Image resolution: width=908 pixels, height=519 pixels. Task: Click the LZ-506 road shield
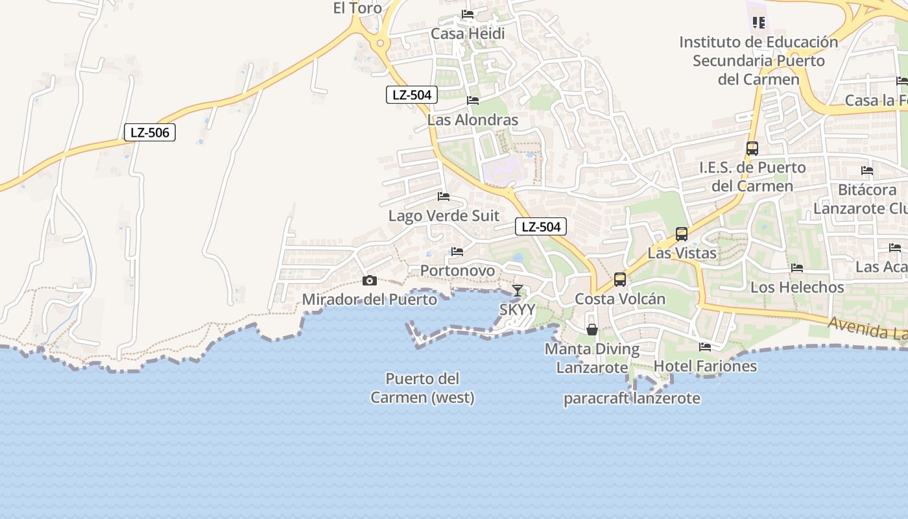[x=150, y=132]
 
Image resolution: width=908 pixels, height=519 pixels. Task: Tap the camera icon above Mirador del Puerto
[x=369, y=280]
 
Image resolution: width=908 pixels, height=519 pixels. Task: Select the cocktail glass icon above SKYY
[x=517, y=290]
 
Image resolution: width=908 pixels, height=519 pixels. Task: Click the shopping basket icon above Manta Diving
[x=592, y=330]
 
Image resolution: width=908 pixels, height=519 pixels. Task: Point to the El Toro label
[x=357, y=8]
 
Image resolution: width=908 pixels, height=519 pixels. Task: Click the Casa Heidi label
[x=468, y=33]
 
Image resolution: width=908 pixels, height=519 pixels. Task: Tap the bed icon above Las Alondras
[x=473, y=101]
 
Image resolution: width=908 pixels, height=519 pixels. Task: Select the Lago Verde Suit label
[x=444, y=215]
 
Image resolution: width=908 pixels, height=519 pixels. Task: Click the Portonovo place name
[x=457, y=271]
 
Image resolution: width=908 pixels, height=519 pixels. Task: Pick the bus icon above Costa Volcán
[x=620, y=280]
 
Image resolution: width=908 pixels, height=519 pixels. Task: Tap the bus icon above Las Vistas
[x=681, y=234]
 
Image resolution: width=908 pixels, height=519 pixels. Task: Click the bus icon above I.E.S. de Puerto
[x=752, y=149]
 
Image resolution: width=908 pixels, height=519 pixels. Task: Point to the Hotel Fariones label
[x=705, y=366]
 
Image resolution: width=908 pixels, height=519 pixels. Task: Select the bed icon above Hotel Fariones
[x=705, y=347]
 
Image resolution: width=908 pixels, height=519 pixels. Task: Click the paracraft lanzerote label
[x=632, y=398]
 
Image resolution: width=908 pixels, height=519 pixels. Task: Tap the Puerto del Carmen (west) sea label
[x=423, y=388]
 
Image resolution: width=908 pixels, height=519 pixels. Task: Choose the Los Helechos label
[x=797, y=287]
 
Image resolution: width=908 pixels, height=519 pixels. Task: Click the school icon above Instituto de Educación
[x=758, y=23]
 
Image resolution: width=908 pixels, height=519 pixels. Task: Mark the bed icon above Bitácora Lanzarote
[x=867, y=171]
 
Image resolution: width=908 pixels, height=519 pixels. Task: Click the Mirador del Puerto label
[x=370, y=300]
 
